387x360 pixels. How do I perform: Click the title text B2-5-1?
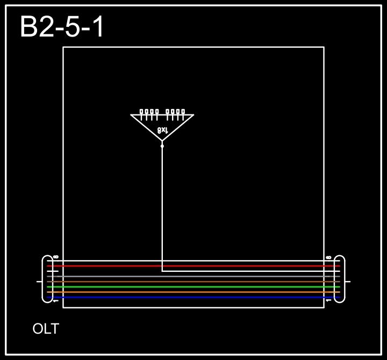62,27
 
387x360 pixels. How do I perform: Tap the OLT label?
46,329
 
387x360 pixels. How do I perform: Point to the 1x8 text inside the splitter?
162,130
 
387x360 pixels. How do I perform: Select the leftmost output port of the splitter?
141,112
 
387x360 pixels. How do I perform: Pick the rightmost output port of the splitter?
183,112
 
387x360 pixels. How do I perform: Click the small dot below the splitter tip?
162,146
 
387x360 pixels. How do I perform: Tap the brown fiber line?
193,282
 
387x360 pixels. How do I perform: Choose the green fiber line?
193,287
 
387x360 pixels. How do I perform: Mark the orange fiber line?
193,292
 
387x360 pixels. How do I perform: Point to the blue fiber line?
193,297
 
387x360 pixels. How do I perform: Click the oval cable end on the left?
47,279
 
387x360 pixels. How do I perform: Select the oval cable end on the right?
340,279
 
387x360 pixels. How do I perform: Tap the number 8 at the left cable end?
56,257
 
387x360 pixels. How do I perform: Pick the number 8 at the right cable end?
328,257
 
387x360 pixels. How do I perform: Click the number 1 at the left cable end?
56,301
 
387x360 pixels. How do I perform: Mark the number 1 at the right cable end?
328,301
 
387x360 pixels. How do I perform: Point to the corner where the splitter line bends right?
162,271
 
